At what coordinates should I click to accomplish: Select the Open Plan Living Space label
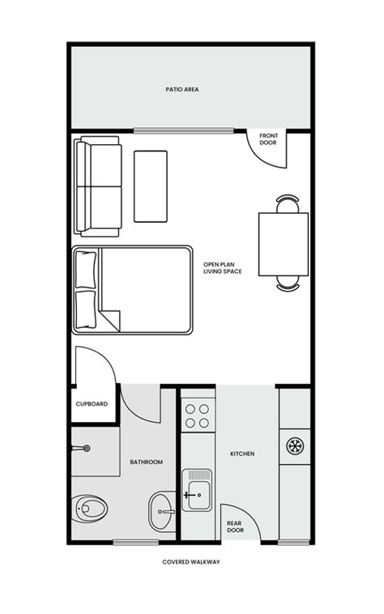223,267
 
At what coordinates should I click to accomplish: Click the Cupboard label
92,403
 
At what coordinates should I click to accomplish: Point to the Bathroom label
147,463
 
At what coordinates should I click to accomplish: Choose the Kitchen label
242,454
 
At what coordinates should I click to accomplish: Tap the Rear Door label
235,527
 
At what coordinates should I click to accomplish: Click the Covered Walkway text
191,561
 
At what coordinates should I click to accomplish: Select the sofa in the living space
98,186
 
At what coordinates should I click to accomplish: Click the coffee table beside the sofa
151,185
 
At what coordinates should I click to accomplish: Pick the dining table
283,243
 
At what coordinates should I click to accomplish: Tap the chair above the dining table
288,202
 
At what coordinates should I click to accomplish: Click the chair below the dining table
288,284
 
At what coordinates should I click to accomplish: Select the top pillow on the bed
86,269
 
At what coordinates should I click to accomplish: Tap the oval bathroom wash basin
161,511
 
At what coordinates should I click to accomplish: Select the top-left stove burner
190,409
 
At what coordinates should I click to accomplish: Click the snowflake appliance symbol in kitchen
294,445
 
